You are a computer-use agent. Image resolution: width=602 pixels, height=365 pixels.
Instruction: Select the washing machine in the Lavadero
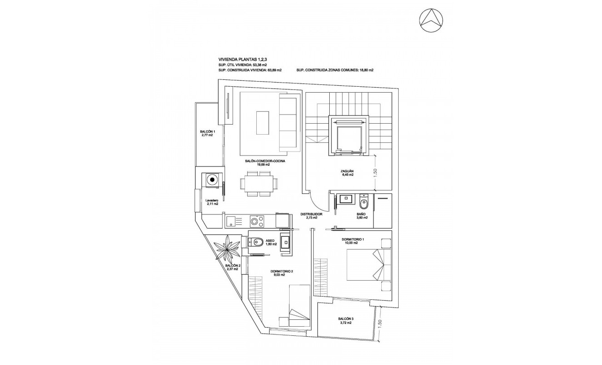click(x=212, y=180)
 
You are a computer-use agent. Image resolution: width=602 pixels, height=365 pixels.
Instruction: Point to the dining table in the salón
click(x=258, y=184)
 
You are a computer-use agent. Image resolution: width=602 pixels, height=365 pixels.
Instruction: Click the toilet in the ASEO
click(x=256, y=243)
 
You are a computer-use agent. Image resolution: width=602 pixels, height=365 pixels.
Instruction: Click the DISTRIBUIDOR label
click(x=311, y=214)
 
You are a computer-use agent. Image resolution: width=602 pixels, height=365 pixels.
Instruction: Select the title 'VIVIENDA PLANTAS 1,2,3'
click(x=243, y=59)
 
